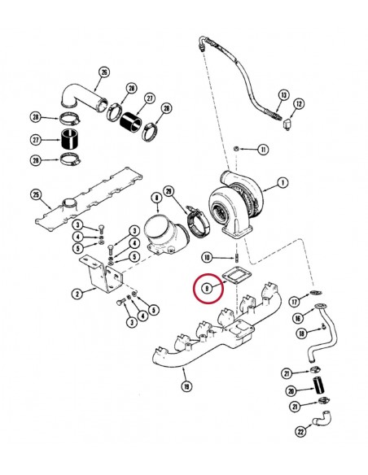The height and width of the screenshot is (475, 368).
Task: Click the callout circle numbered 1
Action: [282, 183]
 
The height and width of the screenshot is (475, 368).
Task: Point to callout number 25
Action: [35, 194]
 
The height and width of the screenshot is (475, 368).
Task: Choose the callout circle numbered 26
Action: [103, 72]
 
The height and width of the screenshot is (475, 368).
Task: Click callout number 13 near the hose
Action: [283, 94]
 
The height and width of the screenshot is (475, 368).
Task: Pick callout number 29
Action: [169, 192]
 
